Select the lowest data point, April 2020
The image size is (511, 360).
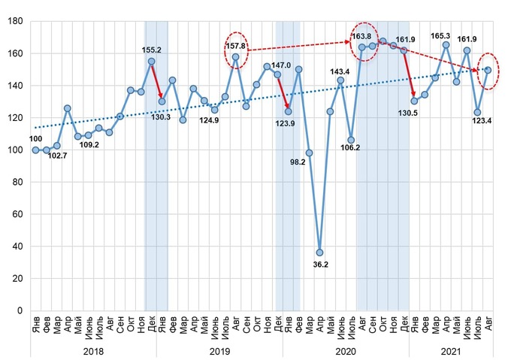pyautogui.click(x=319, y=252)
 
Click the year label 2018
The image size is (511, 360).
pyautogui.click(x=93, y=350)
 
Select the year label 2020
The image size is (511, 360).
pyautogui.click(x=346, y=350)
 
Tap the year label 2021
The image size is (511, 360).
pyautogui.click(x=451, y=350)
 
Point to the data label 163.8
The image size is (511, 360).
pyautogui.click(x=362, y=36)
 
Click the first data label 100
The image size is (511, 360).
pyautogui.click(x=36, y=139)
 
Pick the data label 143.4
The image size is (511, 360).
pyautogui.click(x=340, y=71)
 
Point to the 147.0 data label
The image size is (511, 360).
pyautogui.click(x=283, y=66)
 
